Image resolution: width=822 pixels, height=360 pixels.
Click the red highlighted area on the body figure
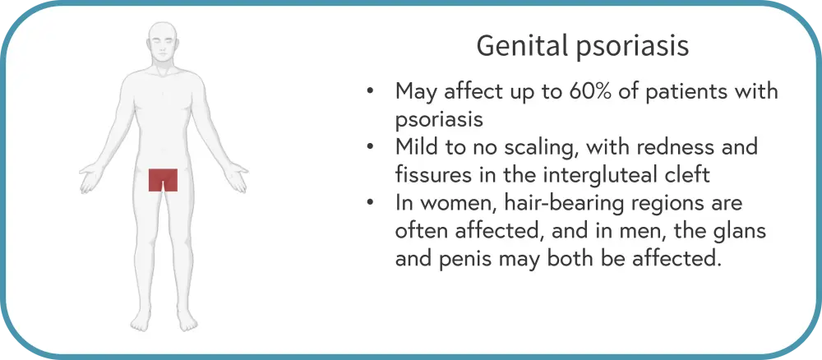[163, 180]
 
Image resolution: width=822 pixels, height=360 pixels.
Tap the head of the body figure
[163, 43]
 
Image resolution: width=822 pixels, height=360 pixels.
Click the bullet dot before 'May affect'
[370, 92]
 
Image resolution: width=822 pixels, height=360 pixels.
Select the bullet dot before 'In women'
[370, 202]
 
